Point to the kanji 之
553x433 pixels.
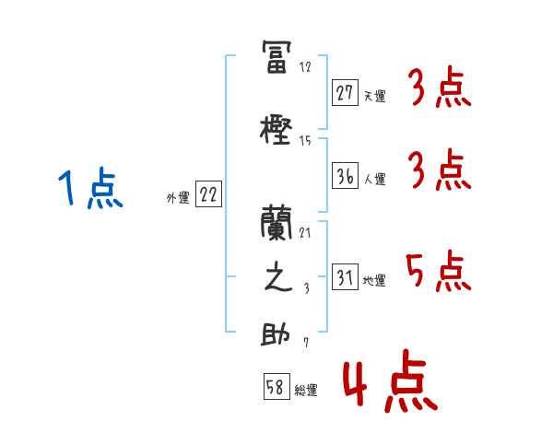click(x=276, y=280)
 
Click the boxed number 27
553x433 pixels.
click(x=345, y=92)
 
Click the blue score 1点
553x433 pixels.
click(x=89, y=190)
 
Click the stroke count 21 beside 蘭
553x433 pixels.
click(x=305, y=233)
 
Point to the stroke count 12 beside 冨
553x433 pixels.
click(x=305, y=67)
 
